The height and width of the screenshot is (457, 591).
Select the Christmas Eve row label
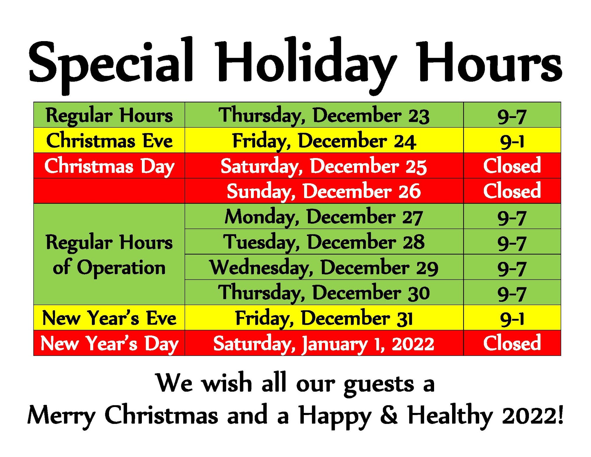click(109, 140)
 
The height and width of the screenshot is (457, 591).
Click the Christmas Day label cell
click(109, 166)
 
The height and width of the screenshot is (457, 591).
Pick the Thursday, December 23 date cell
click(324, 115)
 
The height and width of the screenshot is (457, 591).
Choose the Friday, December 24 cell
click(324, 141)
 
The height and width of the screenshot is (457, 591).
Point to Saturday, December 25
click(324, 166)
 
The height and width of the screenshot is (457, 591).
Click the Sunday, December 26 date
click(324, 191)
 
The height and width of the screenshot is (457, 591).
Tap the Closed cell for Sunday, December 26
click(512, 191)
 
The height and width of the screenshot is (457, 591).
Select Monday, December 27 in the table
click(324, 217)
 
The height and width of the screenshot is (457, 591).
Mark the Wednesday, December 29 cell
click(324, 267)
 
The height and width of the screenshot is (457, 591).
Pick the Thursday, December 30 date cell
click(324, 293)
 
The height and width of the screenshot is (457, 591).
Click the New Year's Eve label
click(109, 318)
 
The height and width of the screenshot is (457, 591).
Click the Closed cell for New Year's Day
click(512, 343)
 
